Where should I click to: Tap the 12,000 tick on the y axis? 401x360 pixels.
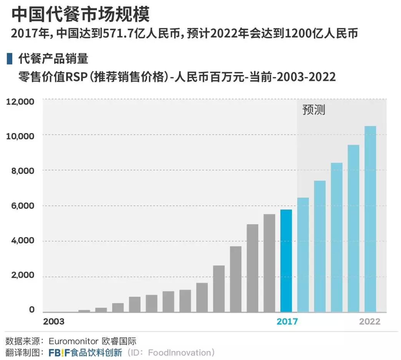[20, 102]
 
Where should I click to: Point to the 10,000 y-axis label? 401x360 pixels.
[20, 136]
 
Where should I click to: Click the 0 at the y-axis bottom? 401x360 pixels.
[32, 310]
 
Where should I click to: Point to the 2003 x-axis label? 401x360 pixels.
[54, 322]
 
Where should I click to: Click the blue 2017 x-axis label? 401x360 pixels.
[287, 322]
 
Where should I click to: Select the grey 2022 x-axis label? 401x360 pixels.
[369, 322]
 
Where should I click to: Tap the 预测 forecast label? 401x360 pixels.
[314, 110]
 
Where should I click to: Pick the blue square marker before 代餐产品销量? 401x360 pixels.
[9, 59]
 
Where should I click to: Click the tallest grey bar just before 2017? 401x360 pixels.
[269, 263]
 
